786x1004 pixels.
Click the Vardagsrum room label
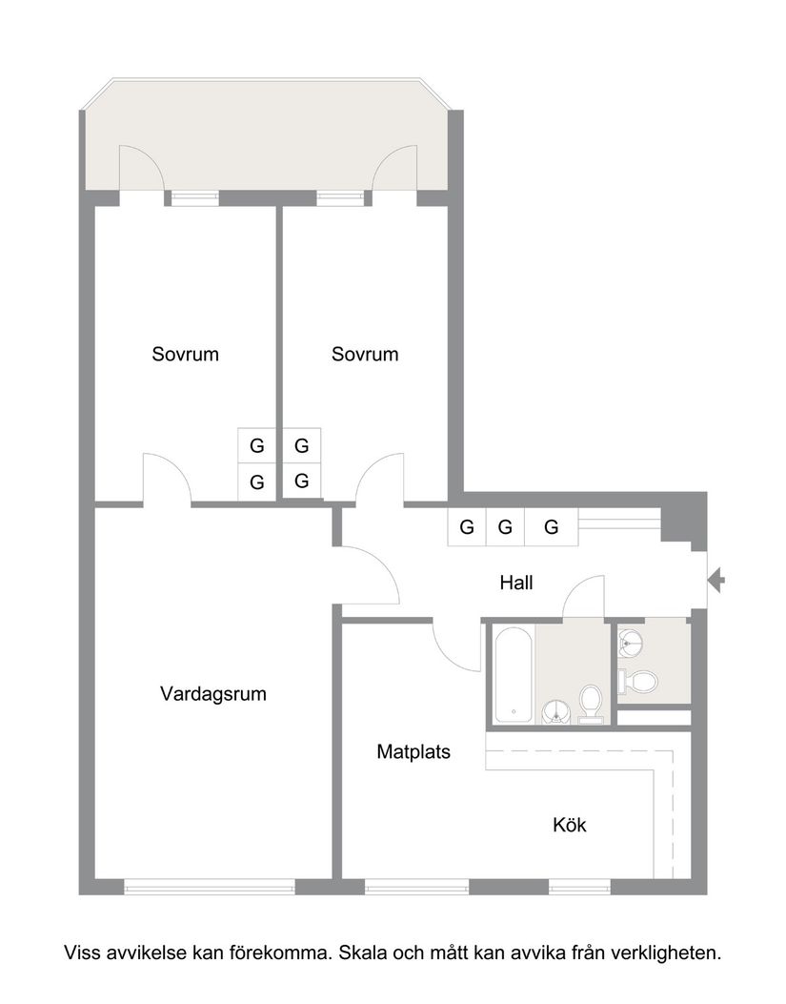click(x=213, y=694)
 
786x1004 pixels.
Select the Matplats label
click(x=413, y=751)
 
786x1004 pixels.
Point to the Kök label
click(x=570, y=825)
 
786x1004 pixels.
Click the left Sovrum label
click(x=185, y=354)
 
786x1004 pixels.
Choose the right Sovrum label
click(x=365, y=354)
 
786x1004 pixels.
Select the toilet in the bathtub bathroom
click(x=591, y=704)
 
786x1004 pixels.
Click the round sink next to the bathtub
click(x=556, y=710)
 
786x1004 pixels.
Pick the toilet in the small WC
click(x=638, y=681)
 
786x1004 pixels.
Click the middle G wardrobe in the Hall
click(x=505, y=526)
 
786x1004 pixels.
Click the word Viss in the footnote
click(x=80, y=952)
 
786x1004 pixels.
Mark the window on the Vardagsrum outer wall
click(x=210, y=887)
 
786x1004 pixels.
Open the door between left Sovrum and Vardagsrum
click(x=167, y=479)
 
